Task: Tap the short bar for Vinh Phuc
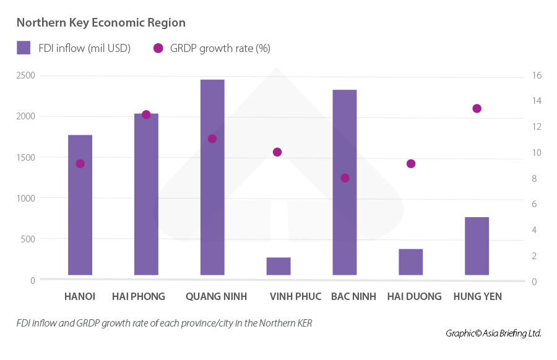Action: [x=278, y=266]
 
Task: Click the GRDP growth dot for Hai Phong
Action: [x=146, y=114]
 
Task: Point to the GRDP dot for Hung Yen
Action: [x=477, y=109]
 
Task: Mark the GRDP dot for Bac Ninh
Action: [x=345, y=178]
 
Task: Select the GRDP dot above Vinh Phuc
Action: [x=277, y=152]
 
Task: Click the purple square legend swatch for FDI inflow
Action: [x=24, y=48]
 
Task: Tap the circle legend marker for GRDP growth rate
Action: [x=158, y=48]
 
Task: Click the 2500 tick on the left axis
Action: [x=26, y=75]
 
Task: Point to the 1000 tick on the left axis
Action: [x=26, y=198]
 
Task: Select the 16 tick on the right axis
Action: [x=537, y=75]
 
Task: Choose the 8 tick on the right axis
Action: [x=537, y=179]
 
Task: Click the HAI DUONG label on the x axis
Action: [x=414, y=297]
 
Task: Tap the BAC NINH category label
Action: [x=353, y=297]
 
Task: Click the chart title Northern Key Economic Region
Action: [x=101, y=23]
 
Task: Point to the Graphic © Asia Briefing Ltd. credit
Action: [x=493, y=333]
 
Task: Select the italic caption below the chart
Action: [x=164, y=323]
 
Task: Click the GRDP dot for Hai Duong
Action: [x=411, y=164]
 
